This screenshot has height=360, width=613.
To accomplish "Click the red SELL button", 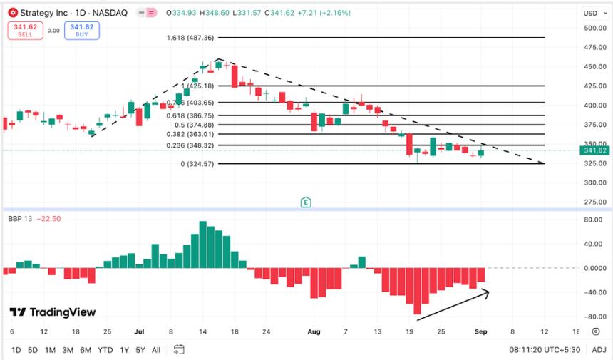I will click(x=26, y=30).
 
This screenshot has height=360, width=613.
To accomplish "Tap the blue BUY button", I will click(x=81, y=30).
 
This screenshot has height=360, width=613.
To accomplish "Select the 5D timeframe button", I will click(x=33, y=350).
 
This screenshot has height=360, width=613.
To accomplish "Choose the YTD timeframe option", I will click(x=104, y=350).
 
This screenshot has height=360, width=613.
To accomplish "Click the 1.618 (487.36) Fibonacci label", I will click(x=190, y=38).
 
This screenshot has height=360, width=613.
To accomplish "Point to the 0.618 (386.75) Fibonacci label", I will click(x=188, y=115).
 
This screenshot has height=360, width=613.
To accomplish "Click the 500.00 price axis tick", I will click(x=594, y=28).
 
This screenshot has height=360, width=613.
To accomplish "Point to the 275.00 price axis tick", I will click(x=594, y=202).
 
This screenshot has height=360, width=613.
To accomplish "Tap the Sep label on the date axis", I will click(x=480, y=332).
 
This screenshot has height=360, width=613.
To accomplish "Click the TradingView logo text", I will click(x=53, y=312).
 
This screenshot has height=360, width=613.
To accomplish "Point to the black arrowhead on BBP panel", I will click(x=487, y=291).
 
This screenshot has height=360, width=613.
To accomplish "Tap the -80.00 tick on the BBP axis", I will click(x=592, y=317).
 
